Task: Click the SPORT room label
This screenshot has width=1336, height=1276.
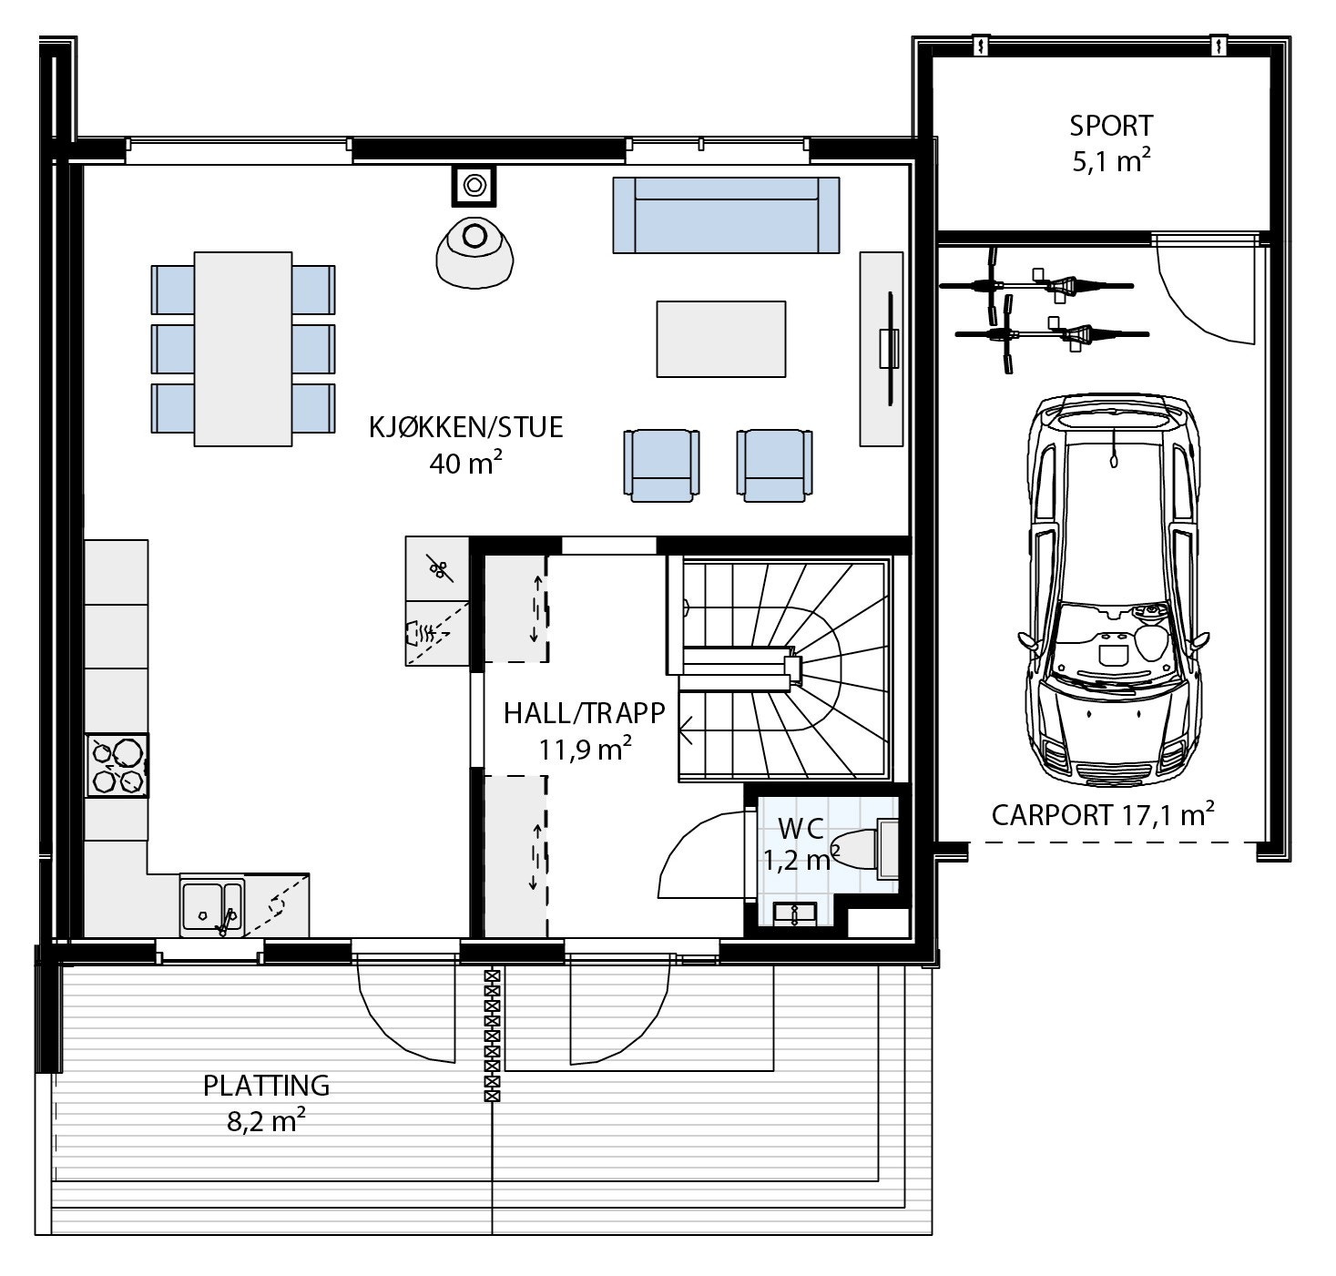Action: pyautogui.click(x=1110, y=126)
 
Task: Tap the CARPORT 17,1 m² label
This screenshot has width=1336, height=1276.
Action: pyautogui.click(x=1103, y=814)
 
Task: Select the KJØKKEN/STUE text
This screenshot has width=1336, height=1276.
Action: pyautogui.click(x=465, y=427)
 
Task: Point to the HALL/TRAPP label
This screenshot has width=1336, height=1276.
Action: pyautogui.click(x=585, y=713)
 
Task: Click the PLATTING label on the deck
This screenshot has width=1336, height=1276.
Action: pyautogui.click(x=266, y=1086)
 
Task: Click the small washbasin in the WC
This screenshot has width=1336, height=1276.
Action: pyautogui.click(x=795, y=913)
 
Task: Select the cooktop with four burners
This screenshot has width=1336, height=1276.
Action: pyautogui.click(x=117, y=765)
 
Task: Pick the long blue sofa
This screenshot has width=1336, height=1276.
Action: pyautogui.click(x=726, y=215)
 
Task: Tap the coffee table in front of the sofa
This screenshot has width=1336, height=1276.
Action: pyautogui.click(x=721, y=339)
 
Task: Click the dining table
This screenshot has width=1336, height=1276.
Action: pyautogui.click(x=243, y=349)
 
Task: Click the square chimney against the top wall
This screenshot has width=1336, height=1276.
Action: pyautogui.click(x=473, y=185)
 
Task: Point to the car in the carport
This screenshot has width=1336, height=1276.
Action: pyautogui.click(x=1114, y=591)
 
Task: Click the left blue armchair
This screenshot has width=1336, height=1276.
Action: pyautogui.click(x=661, y=464)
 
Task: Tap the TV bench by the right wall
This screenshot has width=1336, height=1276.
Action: pyautogui.click(x=882, y=348)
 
